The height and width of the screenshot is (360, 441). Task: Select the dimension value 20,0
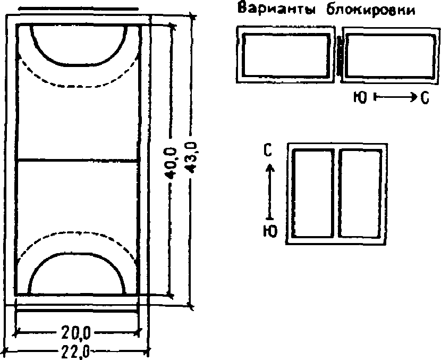(75, 333)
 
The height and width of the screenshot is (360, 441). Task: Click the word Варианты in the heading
(270, 10)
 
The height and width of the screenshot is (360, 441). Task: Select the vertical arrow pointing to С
(270, 191)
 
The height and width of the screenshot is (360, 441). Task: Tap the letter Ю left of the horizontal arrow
(360, 98)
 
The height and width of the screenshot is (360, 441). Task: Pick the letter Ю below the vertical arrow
(269, 232)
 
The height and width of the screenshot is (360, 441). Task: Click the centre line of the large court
(78, 160)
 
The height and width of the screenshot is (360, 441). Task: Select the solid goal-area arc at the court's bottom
(77, 255)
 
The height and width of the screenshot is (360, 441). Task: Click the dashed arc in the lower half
(77, 232)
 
